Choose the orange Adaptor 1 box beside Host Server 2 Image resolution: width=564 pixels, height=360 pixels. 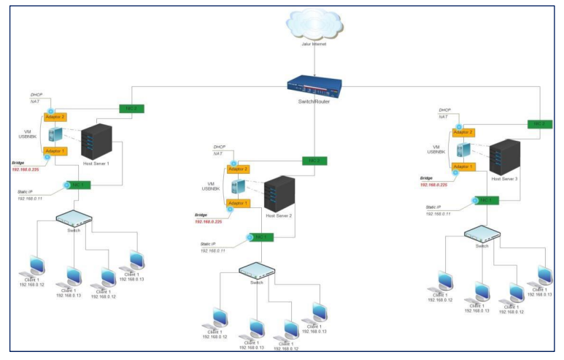pyautogui.click(x=240, y=204)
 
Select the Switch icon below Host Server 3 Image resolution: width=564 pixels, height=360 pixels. pyautogui.click(x=483, y=234)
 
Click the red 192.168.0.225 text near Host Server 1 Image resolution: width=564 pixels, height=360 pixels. pyautogui.click(x=26, y=169)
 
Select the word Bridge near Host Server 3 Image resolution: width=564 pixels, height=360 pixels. pyautogui.click(x=428, y=177)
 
